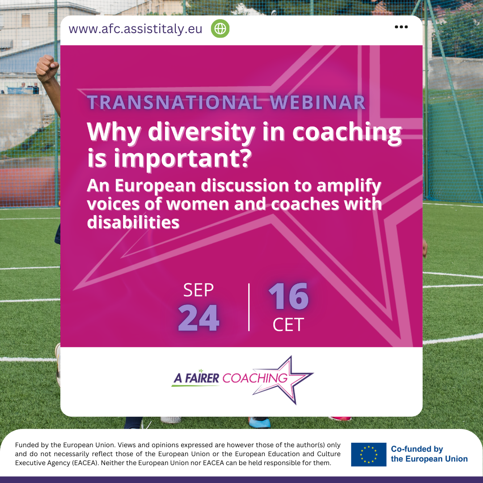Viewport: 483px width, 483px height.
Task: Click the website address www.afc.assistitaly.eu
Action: pos(136,29)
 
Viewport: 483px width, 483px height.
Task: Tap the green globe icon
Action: pos(220,29)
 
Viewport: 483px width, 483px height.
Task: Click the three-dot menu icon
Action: pos(401,27)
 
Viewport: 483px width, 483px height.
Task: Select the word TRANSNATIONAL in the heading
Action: pos(175,102)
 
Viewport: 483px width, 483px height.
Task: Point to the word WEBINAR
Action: pos(318,102)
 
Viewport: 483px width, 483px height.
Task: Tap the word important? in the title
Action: pos(183,159)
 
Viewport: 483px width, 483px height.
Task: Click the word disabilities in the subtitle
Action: pos(133,222)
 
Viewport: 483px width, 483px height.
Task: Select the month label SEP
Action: pos(199,290)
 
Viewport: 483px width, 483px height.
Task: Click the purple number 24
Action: pos(199,318)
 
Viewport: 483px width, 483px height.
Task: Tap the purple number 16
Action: pos(288,296)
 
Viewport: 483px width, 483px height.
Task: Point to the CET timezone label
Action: pos(288,325)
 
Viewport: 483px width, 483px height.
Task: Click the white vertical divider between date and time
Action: pos(249,307)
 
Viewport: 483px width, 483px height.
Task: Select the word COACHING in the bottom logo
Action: pos(255,378)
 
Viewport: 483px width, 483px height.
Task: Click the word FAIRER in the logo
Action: pos(202,378)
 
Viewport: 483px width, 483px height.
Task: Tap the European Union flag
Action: pos(369,454)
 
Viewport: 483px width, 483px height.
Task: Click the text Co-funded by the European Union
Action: pos(429,454)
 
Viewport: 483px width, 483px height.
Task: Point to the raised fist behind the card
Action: pos(47,68)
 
